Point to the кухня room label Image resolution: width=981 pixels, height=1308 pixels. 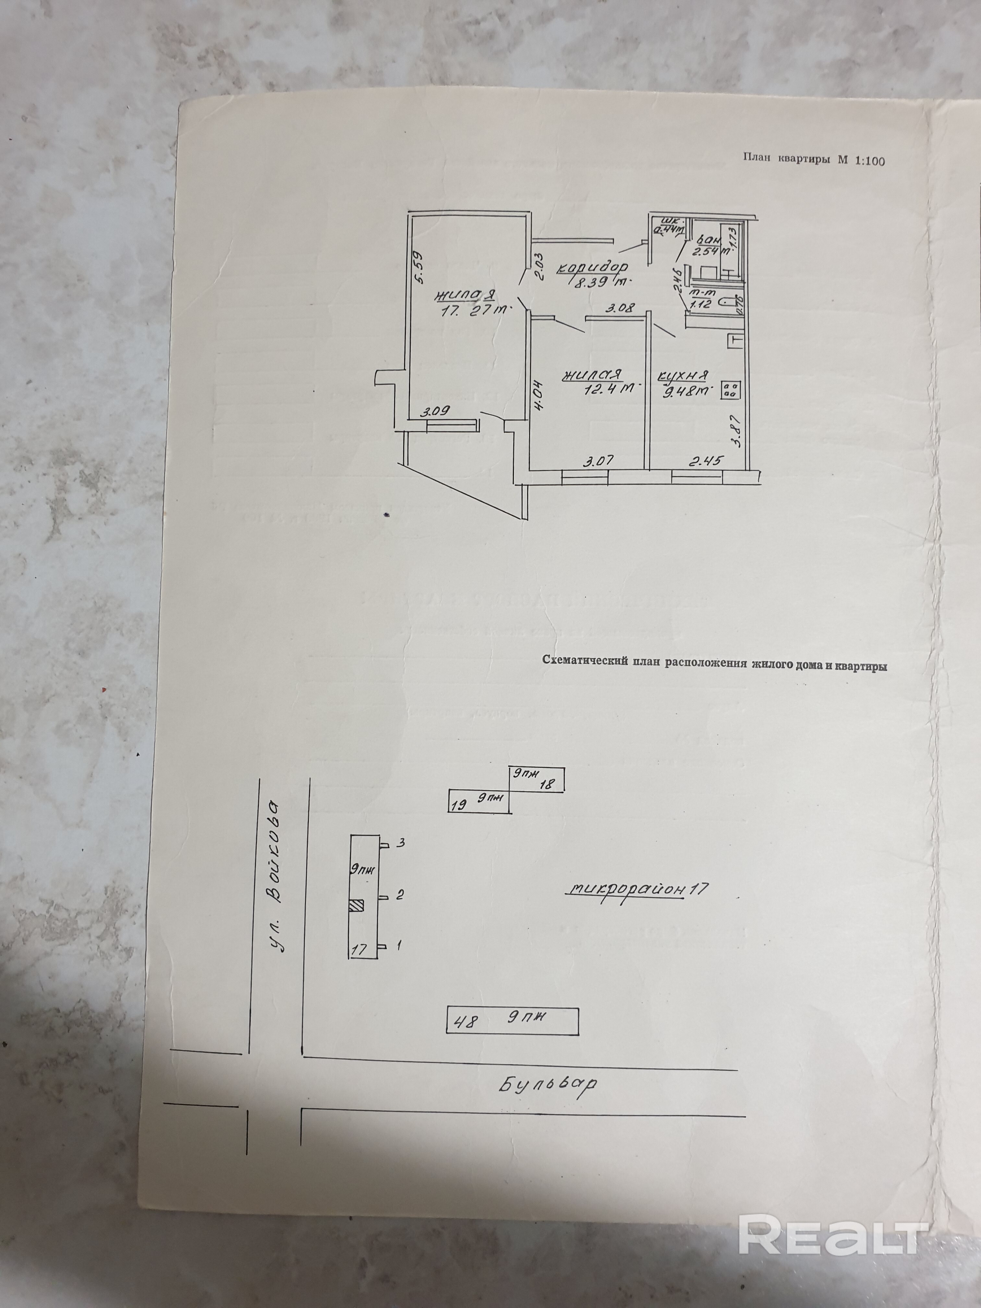[684, 375]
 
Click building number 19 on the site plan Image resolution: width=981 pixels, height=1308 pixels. [459, 804]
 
